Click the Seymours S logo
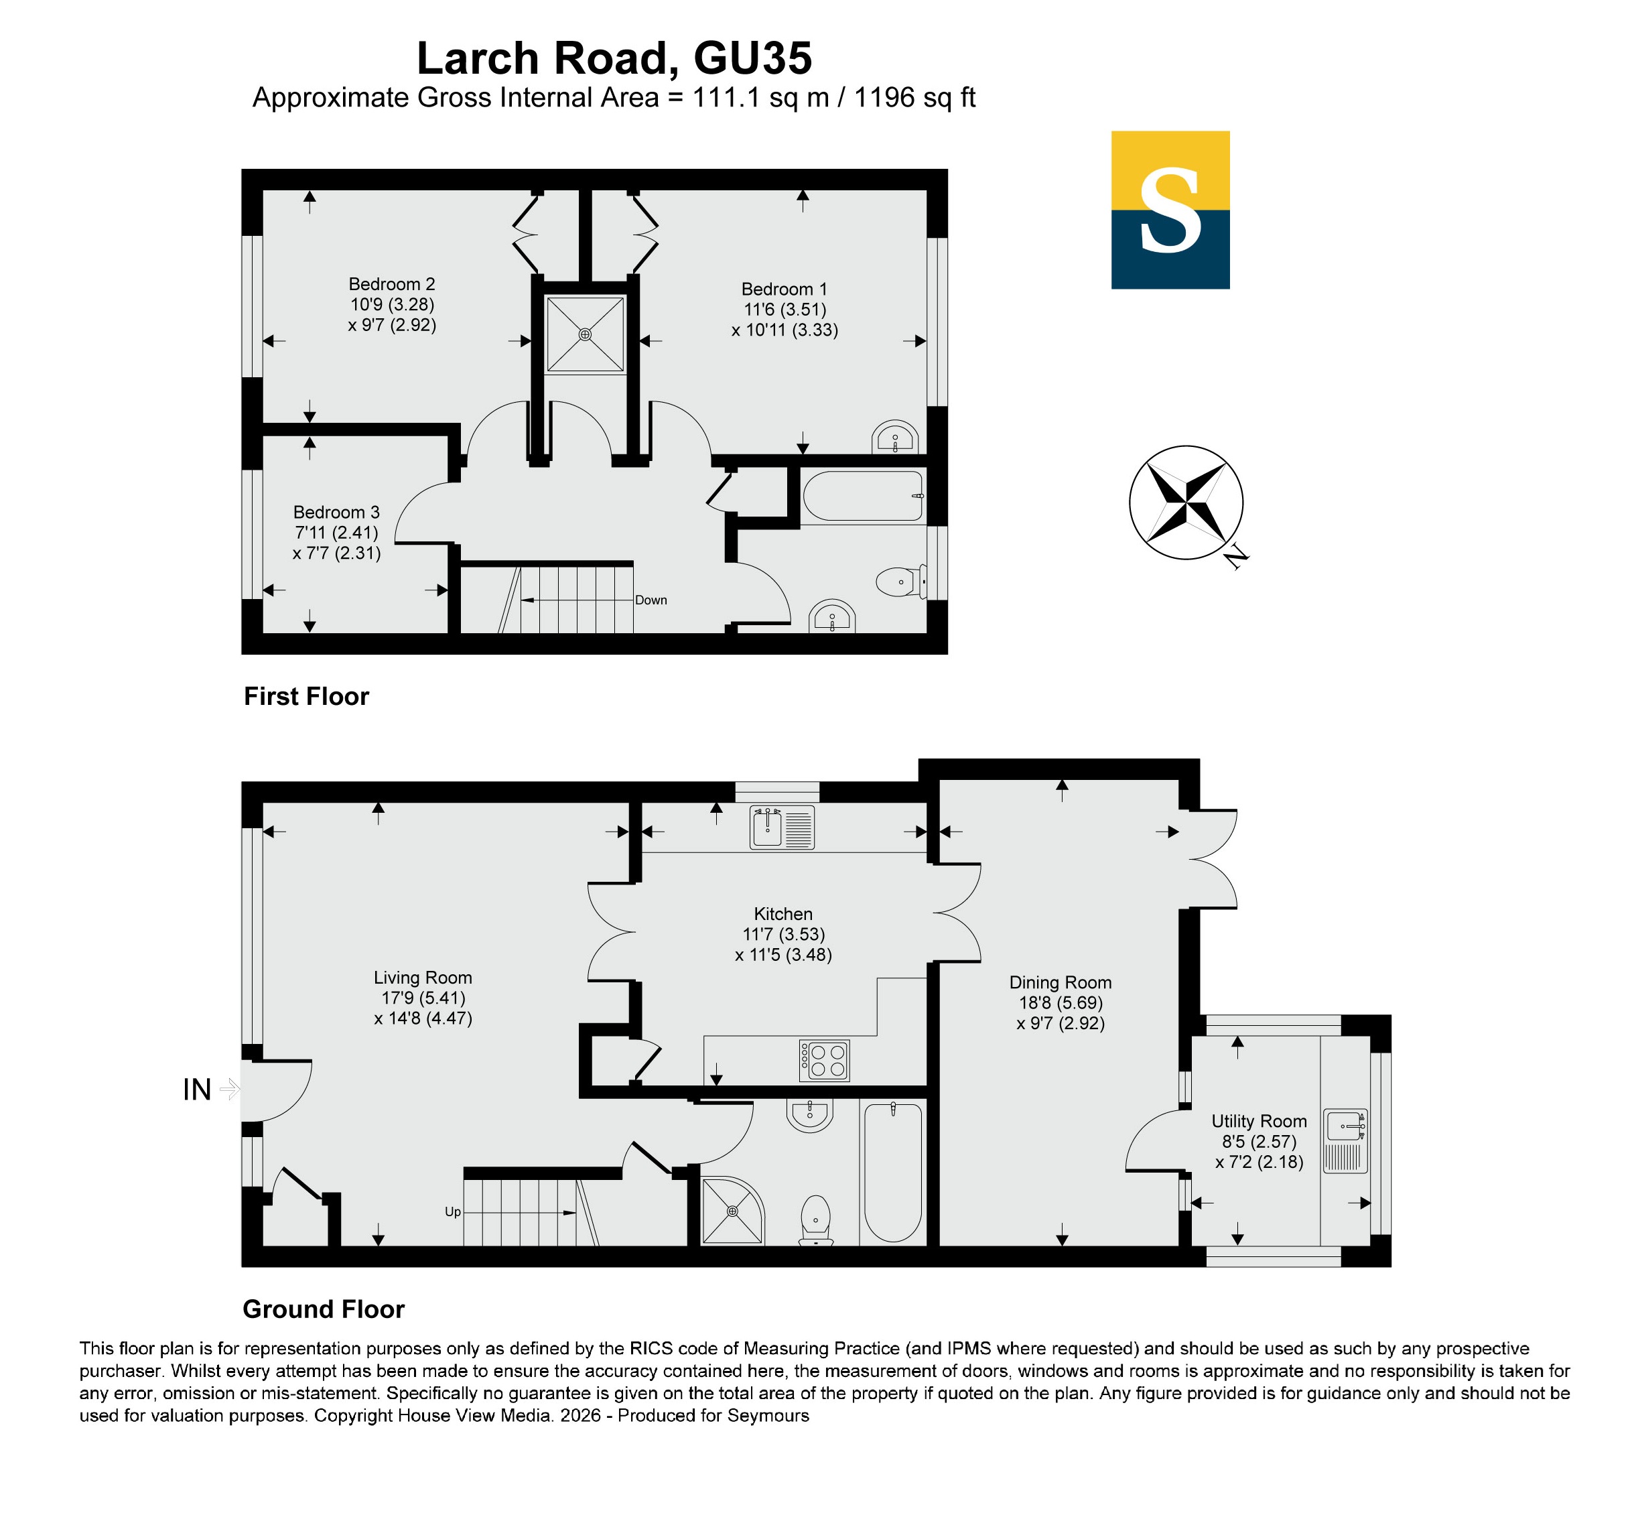(x=1170, y=210)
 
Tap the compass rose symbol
(x=1185, y=503)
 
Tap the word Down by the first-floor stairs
(x=651, y=600)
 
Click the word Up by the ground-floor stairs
(x=453, y=1211)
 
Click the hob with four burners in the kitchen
(x=824, y=1060)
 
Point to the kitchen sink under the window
(x=782, y=827)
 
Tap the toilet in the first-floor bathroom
(x=901, y=582)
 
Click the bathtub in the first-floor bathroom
(x=864, y=496)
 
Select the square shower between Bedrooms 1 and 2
(x=585, y=334)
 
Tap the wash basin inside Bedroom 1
(x=895, y=437)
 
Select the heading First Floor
(x=306, y=697)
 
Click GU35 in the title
(x=753, y=58)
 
